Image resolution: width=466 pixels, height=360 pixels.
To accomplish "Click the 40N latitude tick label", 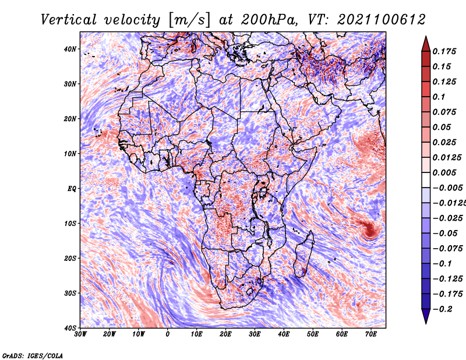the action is click(x=70, y=49).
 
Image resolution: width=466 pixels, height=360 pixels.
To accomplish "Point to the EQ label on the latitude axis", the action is click(x=72, y=189).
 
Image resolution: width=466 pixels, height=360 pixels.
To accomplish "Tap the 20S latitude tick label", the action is click(x=70, y=258).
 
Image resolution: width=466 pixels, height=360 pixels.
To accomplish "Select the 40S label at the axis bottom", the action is click(x=70, y=328).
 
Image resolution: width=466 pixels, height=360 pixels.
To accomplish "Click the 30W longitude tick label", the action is click(x=80, y=334).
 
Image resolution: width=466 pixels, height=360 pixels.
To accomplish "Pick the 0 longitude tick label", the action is click(x=168, y=334).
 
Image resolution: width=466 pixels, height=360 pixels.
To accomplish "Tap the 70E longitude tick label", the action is click(x=371, y=334).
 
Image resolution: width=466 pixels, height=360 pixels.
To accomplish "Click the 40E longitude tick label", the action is click(x=284, y=334).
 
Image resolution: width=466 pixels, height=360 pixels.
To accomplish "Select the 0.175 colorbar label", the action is click(x=444, y=51).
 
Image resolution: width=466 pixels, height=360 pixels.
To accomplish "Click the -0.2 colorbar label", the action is click(x=442, y=309).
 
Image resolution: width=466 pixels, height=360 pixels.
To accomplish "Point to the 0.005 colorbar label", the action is click(x=444, y=172).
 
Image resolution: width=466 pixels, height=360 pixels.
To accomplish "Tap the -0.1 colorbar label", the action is click(x=442, y=264).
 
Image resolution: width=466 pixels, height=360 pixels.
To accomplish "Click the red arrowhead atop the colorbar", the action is click(x=426, y=45).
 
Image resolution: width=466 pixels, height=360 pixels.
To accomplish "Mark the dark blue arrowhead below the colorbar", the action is click(x=426, y=316).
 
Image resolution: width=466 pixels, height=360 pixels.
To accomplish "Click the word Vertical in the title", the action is click(x=69, y=20).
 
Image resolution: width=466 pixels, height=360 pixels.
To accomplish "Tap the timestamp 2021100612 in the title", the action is click(x=381, y=20).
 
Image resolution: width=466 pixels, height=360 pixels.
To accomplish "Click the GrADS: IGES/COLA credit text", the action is click(x=33, y=356).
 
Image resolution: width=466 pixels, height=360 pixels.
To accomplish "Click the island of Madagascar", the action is click(x=303, y=254).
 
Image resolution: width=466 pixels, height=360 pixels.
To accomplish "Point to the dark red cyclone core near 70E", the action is click(x=369, y=230).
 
